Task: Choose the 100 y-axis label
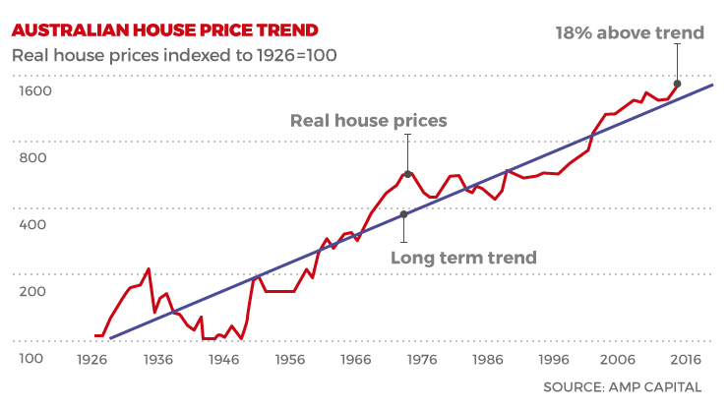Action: pyautogui.click(x=30, y=358)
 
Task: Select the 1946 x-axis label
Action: pyautogui.click(x=224, y=360)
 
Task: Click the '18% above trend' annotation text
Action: pyautogui.click(x=630, y=32)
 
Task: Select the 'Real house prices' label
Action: pyautogui.click(x=368, y=121)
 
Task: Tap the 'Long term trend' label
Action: pyautogui.click(x=463, y=258)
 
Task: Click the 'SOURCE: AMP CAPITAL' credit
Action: pyautogui.click(x=623, y=387)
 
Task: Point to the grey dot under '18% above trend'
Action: pyautogui.click(x=677, y=84)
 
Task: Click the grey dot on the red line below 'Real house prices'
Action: pyautogui.click(x=407, y=174)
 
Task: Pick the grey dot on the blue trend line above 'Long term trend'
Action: pyautogui.click(x=403, y=214)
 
